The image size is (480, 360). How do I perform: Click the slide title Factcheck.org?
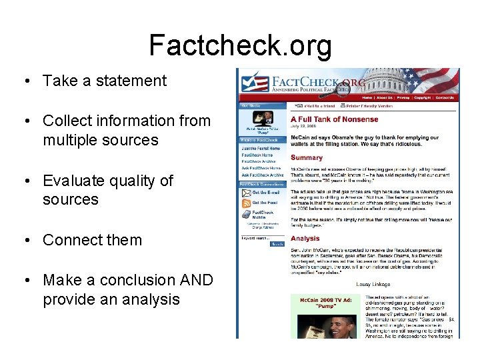(x=240, y=46)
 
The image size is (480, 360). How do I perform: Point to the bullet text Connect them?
(x=92, y=240)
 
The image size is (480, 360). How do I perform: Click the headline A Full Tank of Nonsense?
(x=334, y=119)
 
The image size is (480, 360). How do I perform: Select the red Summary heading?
(x=306, y=158)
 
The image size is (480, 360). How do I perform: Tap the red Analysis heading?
(x=305, y=238)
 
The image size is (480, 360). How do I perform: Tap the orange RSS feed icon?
(x=245, y=203)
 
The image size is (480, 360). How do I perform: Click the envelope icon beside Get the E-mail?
(x=245, y=193)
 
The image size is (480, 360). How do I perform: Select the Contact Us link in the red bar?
(x=445, y=97)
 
